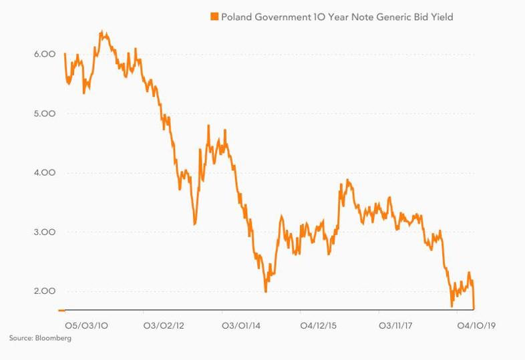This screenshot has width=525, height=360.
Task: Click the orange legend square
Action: click(214, 17)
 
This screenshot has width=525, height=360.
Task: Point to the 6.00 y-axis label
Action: click(45, 54)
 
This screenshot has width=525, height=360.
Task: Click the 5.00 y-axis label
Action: click(45, 114)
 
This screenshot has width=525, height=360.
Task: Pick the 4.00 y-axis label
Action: click(45, 173)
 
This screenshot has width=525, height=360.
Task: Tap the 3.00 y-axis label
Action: click(45, 232)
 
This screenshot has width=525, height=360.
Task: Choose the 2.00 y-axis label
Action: click(45, 291)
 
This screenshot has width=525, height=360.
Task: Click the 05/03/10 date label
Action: click(86, 325)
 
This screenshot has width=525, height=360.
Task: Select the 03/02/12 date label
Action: click(164, 325)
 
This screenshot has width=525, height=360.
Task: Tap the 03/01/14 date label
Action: click(241, 325)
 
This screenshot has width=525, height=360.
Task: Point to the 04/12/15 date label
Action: click(319, 325)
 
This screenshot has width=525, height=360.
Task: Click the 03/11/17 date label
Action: click(395, 325)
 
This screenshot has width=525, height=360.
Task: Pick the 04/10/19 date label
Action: click(476, 325)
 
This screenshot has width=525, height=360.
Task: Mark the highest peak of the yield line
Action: click(102, 32)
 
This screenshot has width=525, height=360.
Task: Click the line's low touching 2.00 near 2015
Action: click(266, 291)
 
